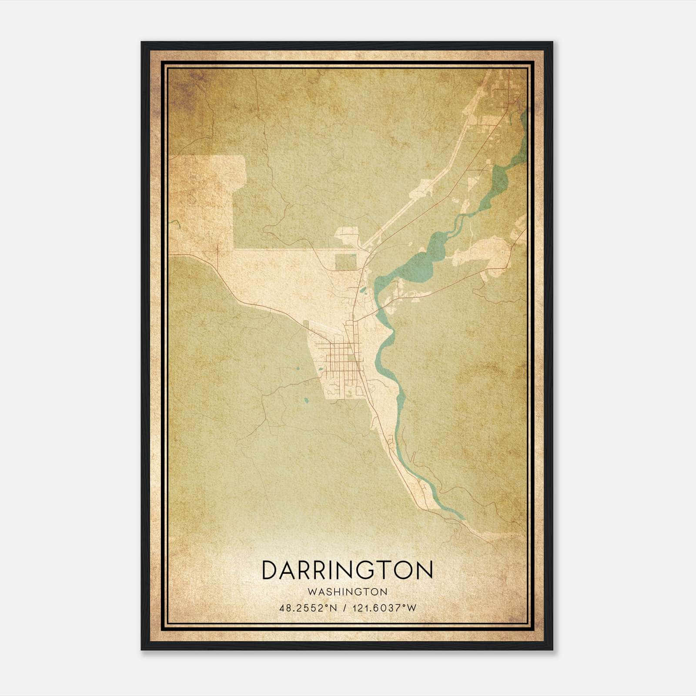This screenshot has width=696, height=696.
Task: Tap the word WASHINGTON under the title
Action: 348,592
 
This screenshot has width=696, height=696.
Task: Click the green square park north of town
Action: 345,262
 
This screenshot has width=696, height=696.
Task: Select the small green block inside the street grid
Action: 351,359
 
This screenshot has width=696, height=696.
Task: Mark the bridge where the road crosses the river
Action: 378,310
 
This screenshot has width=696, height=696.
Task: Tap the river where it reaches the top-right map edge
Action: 525,117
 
